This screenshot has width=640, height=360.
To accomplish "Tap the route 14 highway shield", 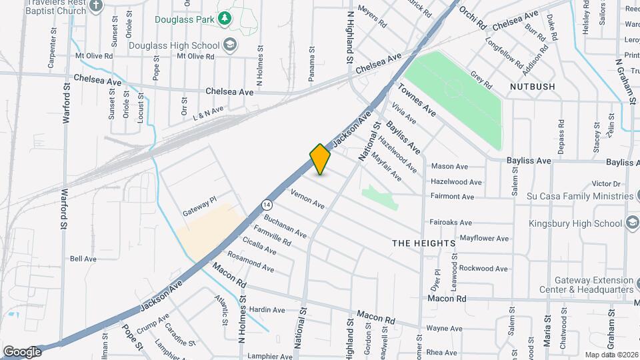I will point(267,204).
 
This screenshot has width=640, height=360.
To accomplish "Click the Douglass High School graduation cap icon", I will point(230,45).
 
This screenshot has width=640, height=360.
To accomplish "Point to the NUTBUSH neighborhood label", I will point(533,87).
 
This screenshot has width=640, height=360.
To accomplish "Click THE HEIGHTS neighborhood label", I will point(423,243).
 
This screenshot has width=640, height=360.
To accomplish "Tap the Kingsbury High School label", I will point(574,224).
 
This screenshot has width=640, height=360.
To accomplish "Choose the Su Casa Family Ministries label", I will point(579,196).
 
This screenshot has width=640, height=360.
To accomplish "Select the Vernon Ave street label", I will point(307,199).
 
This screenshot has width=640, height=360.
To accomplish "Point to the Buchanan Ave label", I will point(285,227).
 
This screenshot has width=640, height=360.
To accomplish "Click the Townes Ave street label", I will point(417,100).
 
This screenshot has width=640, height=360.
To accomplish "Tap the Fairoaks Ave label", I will point(451,222).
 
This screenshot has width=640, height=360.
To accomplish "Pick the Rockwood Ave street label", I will point(483,269).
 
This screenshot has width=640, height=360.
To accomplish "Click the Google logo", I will point(22,351).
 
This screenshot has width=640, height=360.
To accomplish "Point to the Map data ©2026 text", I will point(611,355).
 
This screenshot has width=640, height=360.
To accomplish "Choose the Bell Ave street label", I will point(83,259).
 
